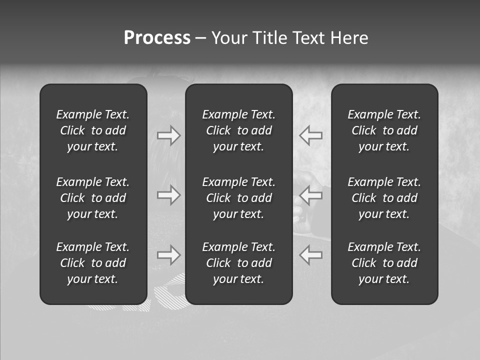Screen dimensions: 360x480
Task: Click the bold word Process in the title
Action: [157, 38]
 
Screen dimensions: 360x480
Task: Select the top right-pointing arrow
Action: [169, 135]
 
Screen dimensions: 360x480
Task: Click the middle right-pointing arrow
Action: [169, 195]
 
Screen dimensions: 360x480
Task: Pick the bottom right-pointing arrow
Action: [169, 255]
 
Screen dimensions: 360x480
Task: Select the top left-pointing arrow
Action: [311, 135]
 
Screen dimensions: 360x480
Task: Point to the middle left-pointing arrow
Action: [311, 195]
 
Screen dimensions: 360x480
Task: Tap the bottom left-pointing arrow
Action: [311, 255]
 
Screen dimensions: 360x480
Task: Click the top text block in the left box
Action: [93, 130]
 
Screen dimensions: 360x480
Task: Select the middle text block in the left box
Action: [93, 198]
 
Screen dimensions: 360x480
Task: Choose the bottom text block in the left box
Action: [93, 263]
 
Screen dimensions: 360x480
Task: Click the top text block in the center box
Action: [239, 130]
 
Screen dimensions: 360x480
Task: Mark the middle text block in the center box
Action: [239, 198]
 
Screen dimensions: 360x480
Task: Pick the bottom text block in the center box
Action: [239, 263]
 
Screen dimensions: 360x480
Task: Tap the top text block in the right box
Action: [384, 130]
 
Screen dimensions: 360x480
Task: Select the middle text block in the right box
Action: [384, 198]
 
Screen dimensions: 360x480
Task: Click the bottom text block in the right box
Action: [384, 263]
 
